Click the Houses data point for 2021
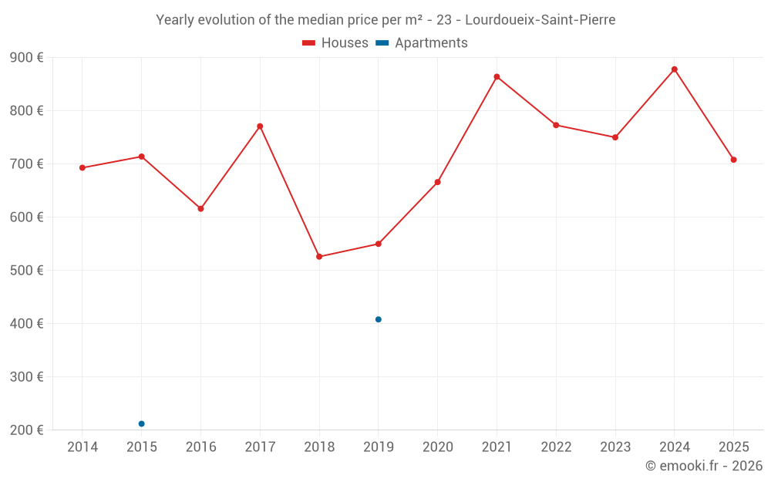pos(497,77)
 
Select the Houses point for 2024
pos(674,69)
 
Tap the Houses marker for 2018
pos(319,257)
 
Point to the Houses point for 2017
pos(260,126)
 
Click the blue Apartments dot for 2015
pos(142,423)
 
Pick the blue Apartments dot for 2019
pos(379,319)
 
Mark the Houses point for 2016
pos(200,209)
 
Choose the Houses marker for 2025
pos(733,160)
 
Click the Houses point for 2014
pos(82,168)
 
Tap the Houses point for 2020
pos(437,182)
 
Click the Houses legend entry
pos(335,43)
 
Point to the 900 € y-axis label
pos(27,58)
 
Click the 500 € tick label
pos(27,271)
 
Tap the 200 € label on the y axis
pos(27,430)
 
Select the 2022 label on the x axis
pos(556,447)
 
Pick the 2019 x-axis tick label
pos(379,447)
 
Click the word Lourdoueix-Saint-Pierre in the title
pos(540,20)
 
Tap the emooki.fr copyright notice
pos(704,466)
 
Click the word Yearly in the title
pos(176,20)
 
